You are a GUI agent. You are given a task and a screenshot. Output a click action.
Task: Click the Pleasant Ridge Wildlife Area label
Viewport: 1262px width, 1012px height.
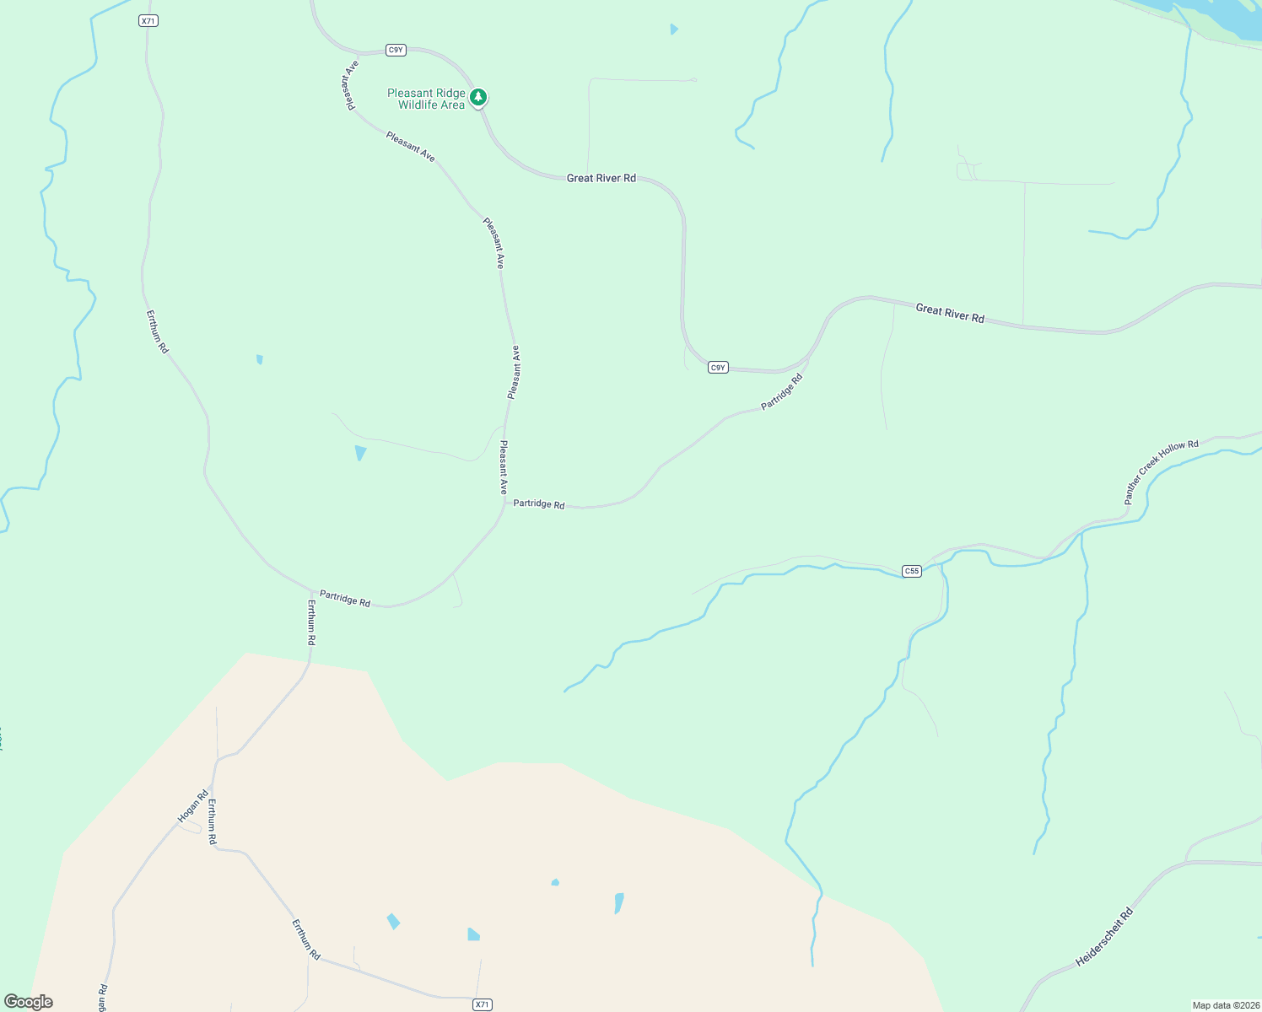(x=426, y=99)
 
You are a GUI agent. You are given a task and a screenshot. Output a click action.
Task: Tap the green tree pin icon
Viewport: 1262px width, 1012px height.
(x=478, y=98)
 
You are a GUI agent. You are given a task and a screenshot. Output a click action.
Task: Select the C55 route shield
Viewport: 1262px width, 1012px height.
(x=911, y=571)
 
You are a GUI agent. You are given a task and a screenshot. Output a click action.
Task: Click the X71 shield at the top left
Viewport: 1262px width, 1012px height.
(x=148, y=20)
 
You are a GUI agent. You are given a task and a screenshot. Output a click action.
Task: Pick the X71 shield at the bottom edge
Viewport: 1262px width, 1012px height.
(x=482, y=1004)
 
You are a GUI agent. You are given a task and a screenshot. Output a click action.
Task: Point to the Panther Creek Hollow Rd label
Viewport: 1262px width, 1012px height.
(x=1161, y=471)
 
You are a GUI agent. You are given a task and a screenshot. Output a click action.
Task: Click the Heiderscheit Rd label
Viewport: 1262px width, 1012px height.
(x=1104, y=937)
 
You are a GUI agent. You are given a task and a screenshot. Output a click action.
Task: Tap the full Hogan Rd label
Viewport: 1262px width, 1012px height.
(x=192, y=807)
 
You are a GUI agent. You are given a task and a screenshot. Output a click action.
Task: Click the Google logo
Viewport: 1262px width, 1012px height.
(x=29, y=1001)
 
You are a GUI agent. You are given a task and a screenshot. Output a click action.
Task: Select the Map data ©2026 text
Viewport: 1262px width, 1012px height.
(x=1225, y=1005)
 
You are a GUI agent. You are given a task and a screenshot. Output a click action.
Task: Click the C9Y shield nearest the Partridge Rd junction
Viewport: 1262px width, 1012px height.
(x=717, y=368)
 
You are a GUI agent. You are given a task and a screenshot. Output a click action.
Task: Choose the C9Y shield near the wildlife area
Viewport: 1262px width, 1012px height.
(x=396, y=50)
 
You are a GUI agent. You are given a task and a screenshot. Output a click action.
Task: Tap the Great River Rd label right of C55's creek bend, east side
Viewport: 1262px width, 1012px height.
(x=950, y=313)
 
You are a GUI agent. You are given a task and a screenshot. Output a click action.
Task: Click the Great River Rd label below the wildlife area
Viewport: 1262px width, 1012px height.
(x=601, y=178)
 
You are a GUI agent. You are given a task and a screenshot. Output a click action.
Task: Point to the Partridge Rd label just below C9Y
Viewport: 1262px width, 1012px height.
(x=782, y=392)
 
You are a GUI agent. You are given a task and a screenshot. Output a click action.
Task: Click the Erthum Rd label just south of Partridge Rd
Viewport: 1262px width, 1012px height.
(x=311, y=623)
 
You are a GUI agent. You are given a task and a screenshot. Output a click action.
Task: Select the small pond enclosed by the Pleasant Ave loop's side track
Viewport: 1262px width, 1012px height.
(x=360, y=452)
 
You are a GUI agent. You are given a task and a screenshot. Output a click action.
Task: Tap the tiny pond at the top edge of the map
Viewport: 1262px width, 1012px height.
(x=673, y=29)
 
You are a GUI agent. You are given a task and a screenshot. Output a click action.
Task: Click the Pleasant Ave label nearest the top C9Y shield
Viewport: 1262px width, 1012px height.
(x=349, y=84)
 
